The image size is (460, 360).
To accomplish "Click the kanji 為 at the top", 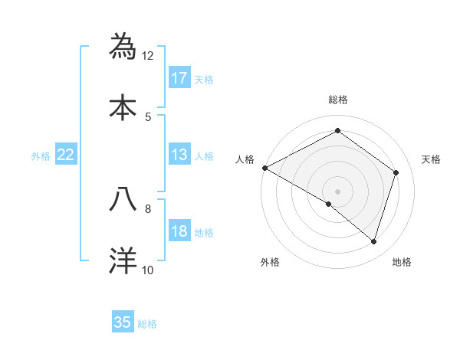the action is point(123,46).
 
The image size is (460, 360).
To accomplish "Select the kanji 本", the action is point(123,106).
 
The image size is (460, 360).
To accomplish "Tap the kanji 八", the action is point(123,198).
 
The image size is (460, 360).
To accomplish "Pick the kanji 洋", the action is point(123,260).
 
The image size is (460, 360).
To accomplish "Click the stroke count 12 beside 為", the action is point(148,55).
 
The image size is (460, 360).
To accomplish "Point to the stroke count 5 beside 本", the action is point(148,116).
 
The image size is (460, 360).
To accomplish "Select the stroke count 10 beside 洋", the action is point(148,270).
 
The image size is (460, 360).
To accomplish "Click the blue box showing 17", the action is point(179,77).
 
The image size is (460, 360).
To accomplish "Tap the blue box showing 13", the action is point(179,155).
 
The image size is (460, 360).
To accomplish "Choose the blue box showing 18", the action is point(179,231).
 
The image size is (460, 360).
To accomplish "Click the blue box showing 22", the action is point(66,155).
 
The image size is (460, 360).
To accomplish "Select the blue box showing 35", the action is point(123,322).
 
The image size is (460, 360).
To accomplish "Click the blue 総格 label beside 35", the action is point(148,324).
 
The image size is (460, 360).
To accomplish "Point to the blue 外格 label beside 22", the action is point(41,156).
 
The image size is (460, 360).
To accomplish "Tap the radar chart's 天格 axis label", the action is point(432,159).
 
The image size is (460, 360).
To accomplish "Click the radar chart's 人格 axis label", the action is point(245,159).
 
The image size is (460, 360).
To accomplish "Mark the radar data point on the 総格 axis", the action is point(337,131).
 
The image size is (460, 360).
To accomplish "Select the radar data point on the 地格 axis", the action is point(373,241).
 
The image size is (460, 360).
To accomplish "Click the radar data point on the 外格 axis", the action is point(328,205).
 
